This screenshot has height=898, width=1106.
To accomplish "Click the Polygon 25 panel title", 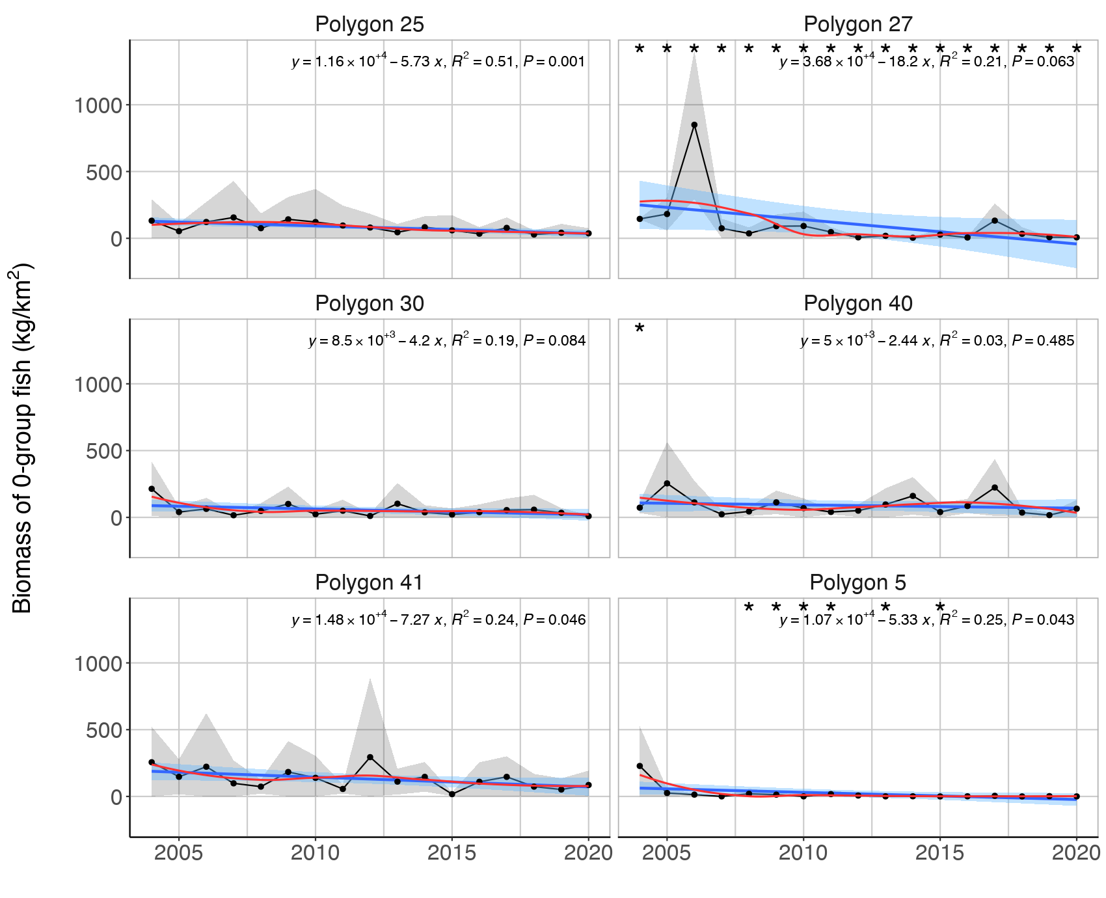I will pyautogui.click(x=369, y=25).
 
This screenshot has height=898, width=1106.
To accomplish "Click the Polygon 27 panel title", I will pyautogui.click(x=857, y=25).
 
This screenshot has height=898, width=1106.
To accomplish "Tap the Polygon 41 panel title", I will pyautogui.click(x=369, y=583).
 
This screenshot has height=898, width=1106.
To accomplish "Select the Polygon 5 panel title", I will pyautogui.click(x=857, y=583).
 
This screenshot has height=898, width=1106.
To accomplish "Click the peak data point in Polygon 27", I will pyautogui.click(x=694, y=124).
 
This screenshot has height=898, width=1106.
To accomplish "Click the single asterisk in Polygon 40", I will pyautogui.click(x=640, y=329).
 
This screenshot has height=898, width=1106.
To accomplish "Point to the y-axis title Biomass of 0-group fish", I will pyautogui.click(x=22, y=437).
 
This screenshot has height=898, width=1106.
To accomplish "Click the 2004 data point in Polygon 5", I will pyautogui.click(x=640, y=766).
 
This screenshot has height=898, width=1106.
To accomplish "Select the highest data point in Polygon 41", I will pyautogui.click(x=370, y=757).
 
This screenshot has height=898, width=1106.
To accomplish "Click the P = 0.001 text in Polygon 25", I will pyautogui.click(x=554, y=62).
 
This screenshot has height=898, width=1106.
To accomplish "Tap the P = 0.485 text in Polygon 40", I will pyautogui.click(x=1043, y=341).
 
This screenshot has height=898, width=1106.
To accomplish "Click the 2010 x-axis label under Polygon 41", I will pyautogui.click(x=315, y=853).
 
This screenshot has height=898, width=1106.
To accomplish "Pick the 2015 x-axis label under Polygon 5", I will pyautogui.click(x=939, y=853).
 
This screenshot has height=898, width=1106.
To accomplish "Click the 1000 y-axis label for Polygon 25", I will pyautogui.click(x=98, y=105).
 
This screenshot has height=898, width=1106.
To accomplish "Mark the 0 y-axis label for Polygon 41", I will pyautogui.click(x=116, y=797).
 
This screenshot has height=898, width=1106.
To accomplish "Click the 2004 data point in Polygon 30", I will pyautogui.click(x=152, y=489).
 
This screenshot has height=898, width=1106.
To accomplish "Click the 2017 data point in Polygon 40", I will pyautogui.click(x=994, y=487).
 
